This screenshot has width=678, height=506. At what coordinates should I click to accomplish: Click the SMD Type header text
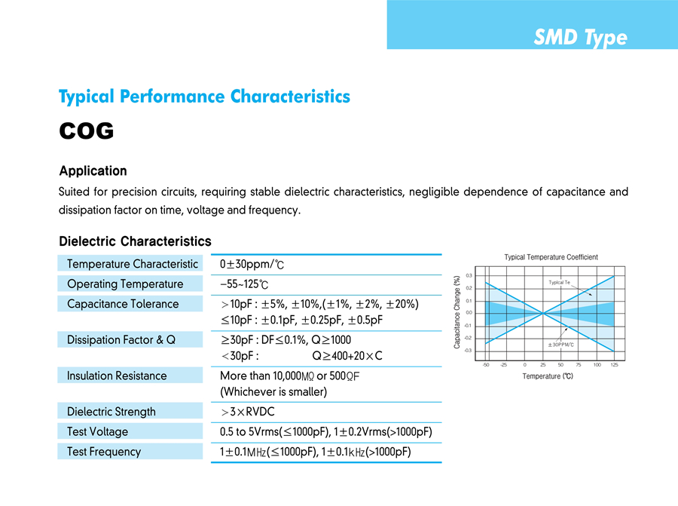(580, 38)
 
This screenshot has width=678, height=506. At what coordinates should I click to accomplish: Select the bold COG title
(86, 131)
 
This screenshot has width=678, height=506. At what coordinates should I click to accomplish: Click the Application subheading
(93, 170)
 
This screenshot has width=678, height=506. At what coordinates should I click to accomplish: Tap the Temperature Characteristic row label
(133, 264)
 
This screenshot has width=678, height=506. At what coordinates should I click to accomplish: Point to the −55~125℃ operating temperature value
(244, 284)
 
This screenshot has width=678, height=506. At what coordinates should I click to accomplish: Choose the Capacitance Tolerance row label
(123, 304)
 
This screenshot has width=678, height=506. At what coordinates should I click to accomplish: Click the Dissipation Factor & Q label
(121, 340)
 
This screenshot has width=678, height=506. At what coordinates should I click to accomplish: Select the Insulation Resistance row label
(117, 376)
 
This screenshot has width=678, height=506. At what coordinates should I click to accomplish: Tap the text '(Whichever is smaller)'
(273, 392)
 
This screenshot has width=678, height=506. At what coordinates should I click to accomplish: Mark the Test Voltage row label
(97, 431)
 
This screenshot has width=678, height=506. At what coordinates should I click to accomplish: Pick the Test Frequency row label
(104, 452)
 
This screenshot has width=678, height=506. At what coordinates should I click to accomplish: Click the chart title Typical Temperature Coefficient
(551, 257)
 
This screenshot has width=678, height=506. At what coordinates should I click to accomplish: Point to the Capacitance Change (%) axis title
(457, 311)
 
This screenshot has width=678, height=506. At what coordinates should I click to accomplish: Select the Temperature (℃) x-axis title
(548, 376)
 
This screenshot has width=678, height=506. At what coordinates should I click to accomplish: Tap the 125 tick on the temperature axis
(614, 365)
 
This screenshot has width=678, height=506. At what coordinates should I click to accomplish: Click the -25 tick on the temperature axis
(503, 365)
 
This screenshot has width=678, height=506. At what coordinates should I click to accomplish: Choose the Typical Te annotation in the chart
(559, 282)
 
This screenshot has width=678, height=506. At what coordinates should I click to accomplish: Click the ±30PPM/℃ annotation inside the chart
(560, 345)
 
